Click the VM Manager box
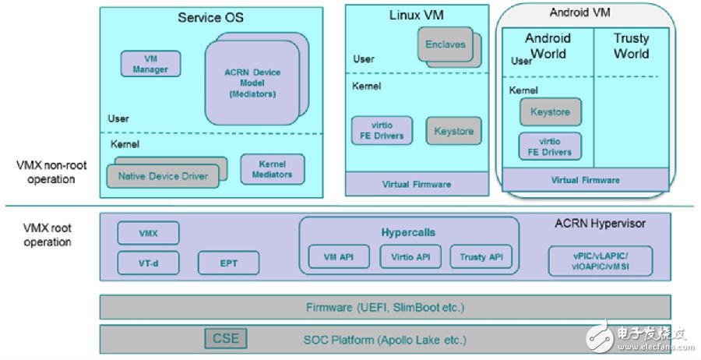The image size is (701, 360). coord(150,64)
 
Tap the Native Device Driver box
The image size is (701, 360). coord(163,176)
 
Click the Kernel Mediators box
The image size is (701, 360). coord(272,169)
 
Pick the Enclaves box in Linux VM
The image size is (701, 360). coord(445,44)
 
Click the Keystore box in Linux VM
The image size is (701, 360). coord(453,131)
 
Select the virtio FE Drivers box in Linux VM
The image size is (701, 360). coord(382,131)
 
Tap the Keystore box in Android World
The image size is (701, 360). coord(550,112)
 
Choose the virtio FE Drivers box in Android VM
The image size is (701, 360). coord(550,146)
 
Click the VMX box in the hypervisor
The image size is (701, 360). coord(148,233)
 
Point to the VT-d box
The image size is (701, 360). coord(148,263)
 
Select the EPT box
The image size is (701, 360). coord(228,263)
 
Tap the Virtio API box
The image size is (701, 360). coord(410,257)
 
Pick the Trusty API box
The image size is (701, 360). coord(481,257)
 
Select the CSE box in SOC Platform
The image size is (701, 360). coord(227,338)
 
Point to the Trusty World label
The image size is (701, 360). coord(631,46)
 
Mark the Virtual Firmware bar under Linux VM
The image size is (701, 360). coord(417,185)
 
